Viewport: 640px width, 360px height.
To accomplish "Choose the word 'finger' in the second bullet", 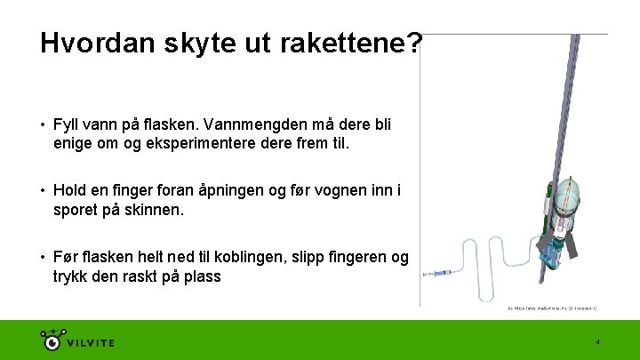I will point(129,190).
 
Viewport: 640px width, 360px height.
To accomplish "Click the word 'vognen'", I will point(337,190).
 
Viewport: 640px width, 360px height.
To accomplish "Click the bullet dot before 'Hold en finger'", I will point(44,190).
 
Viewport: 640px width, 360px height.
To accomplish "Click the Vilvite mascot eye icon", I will point(53,340).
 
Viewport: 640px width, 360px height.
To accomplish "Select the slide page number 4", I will point(598,342).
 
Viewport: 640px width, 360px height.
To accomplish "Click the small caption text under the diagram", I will point(551,308).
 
